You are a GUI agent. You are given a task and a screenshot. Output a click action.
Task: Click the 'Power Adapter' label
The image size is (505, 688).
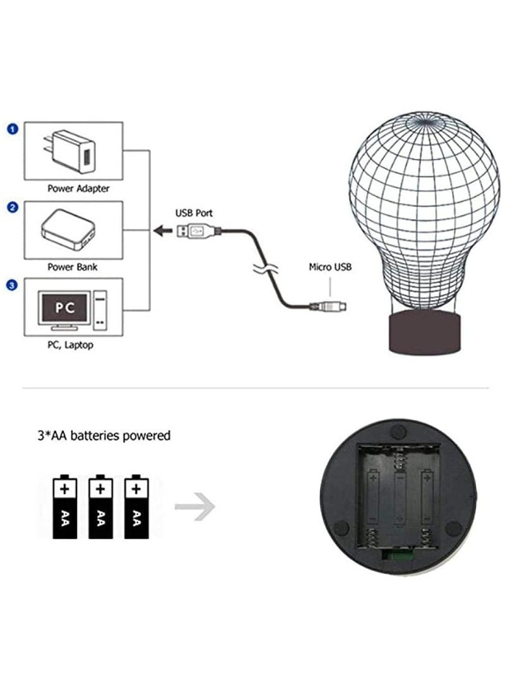coord(78,189)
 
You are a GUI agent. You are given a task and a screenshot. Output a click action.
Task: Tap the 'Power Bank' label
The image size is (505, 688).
coord(73,267)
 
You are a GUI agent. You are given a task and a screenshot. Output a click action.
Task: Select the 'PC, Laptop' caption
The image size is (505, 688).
coord(70,345)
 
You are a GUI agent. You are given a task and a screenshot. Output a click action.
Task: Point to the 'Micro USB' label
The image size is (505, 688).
coord(330,267)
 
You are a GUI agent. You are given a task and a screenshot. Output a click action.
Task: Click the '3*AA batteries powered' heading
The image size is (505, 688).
coord(104,436)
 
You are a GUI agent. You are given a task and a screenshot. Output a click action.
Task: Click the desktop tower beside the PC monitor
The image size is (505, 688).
coord(100,310)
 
